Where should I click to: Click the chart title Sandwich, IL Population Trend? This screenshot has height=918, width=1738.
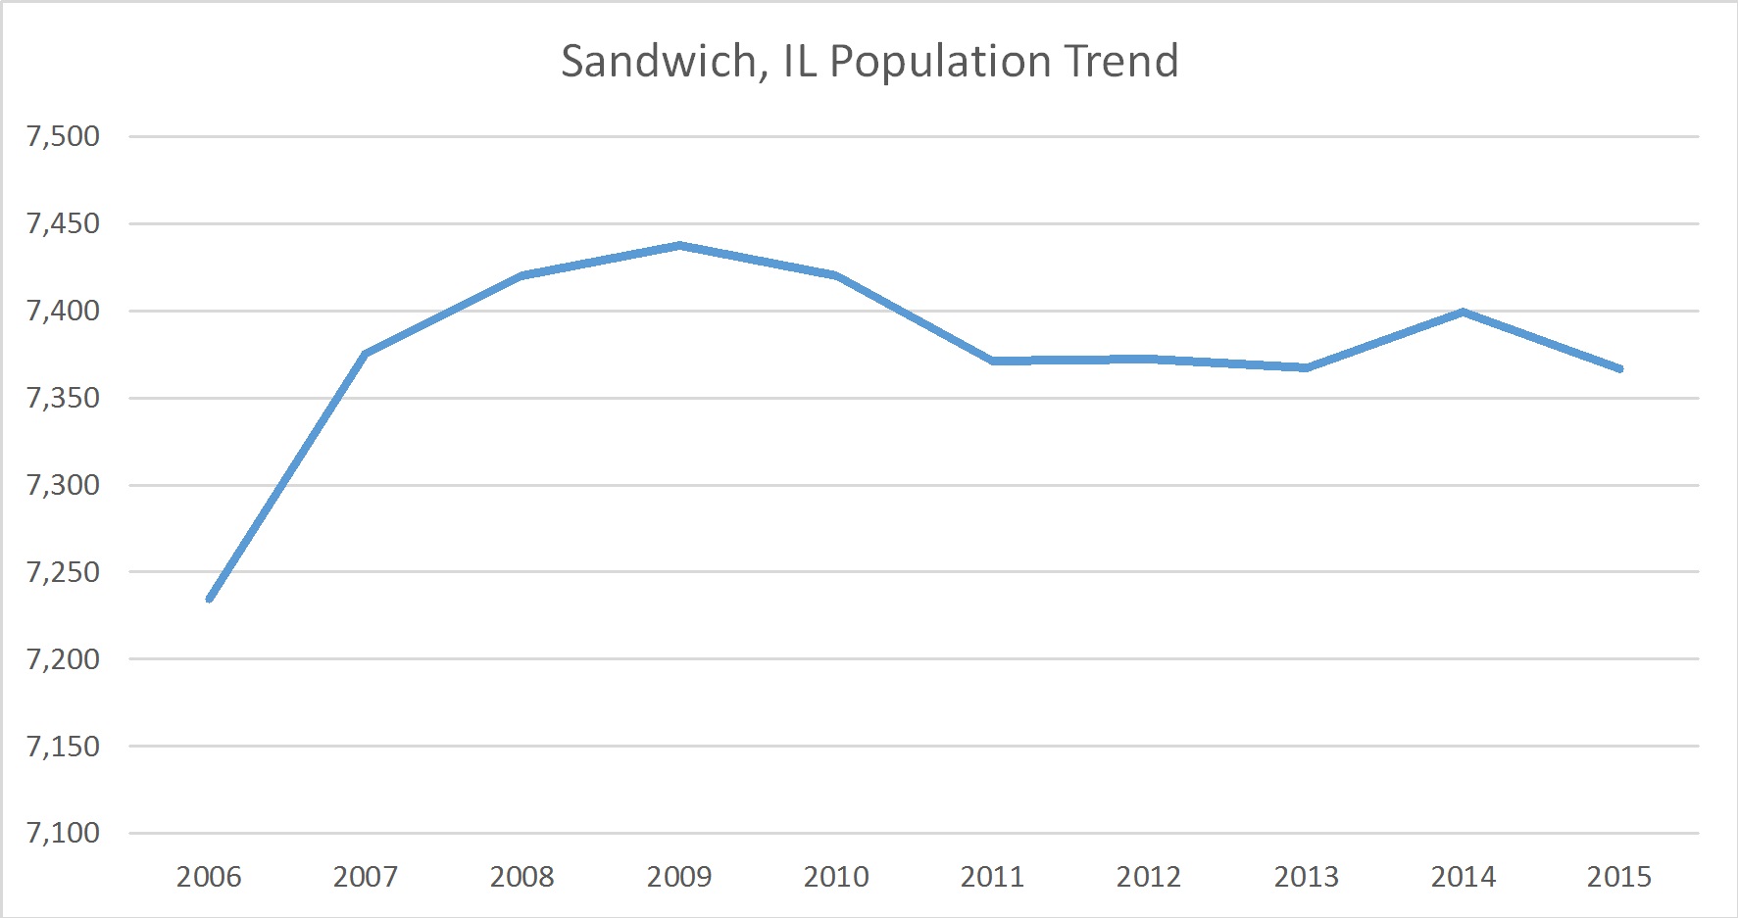(869, 61)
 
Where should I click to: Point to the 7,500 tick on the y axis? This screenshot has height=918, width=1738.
(64, 136)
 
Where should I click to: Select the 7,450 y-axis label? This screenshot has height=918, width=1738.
(64, 223)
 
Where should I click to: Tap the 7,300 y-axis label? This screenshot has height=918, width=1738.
(64, 485)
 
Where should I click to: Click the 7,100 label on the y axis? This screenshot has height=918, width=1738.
(64, 833)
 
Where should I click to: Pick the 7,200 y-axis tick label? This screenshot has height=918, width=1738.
(64, 659)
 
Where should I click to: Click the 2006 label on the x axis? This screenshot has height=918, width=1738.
(209, 876)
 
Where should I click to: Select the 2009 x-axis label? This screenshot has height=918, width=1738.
(679, 876)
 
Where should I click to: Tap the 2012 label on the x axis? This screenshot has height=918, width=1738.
(1149, 876)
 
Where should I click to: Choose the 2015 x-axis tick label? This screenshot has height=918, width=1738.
(1619, 876)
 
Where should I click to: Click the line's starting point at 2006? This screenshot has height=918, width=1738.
(210, 599)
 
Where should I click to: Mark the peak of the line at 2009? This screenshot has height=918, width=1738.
(679, 245)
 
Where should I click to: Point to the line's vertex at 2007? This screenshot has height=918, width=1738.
(366, 354)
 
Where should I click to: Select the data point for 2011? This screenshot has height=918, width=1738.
(993, 362)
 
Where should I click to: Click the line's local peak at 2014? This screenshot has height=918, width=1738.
(1463, 312)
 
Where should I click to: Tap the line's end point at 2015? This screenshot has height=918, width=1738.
(1620, 369)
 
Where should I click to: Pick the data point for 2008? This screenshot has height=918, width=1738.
(522, 275)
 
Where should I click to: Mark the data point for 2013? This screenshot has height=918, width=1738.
(1307, 367)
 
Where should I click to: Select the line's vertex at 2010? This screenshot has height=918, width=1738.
(836, 275)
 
